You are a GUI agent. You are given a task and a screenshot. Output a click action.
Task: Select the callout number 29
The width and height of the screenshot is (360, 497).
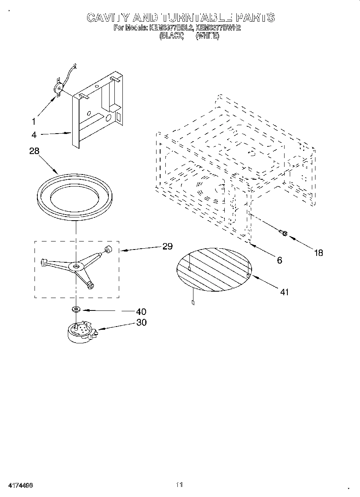[167, 246]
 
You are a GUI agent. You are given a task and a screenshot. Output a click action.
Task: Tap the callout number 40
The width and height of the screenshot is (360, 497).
[141, 311]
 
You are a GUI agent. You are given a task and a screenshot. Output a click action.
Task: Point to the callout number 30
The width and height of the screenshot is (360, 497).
[141, 322]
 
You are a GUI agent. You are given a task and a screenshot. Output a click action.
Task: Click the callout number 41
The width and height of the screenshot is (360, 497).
[284, 292]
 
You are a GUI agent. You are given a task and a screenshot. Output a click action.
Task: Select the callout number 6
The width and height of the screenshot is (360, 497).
[279, 260]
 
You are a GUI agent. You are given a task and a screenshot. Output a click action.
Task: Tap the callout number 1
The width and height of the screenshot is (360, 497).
[34, 122]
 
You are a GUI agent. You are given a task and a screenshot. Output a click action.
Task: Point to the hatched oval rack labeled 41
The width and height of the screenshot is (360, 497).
[214, 268]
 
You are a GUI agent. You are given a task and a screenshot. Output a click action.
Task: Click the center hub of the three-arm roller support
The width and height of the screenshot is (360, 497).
[75, 266]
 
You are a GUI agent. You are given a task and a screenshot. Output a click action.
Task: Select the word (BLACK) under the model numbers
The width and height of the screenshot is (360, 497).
[171, 36]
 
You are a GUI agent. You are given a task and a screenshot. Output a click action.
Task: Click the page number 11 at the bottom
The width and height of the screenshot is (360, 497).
[179, 485]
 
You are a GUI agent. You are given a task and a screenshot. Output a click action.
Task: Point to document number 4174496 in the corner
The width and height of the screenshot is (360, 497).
[20, 485]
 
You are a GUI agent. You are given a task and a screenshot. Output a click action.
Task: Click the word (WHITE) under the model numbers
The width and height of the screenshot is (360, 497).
[207, 36]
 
